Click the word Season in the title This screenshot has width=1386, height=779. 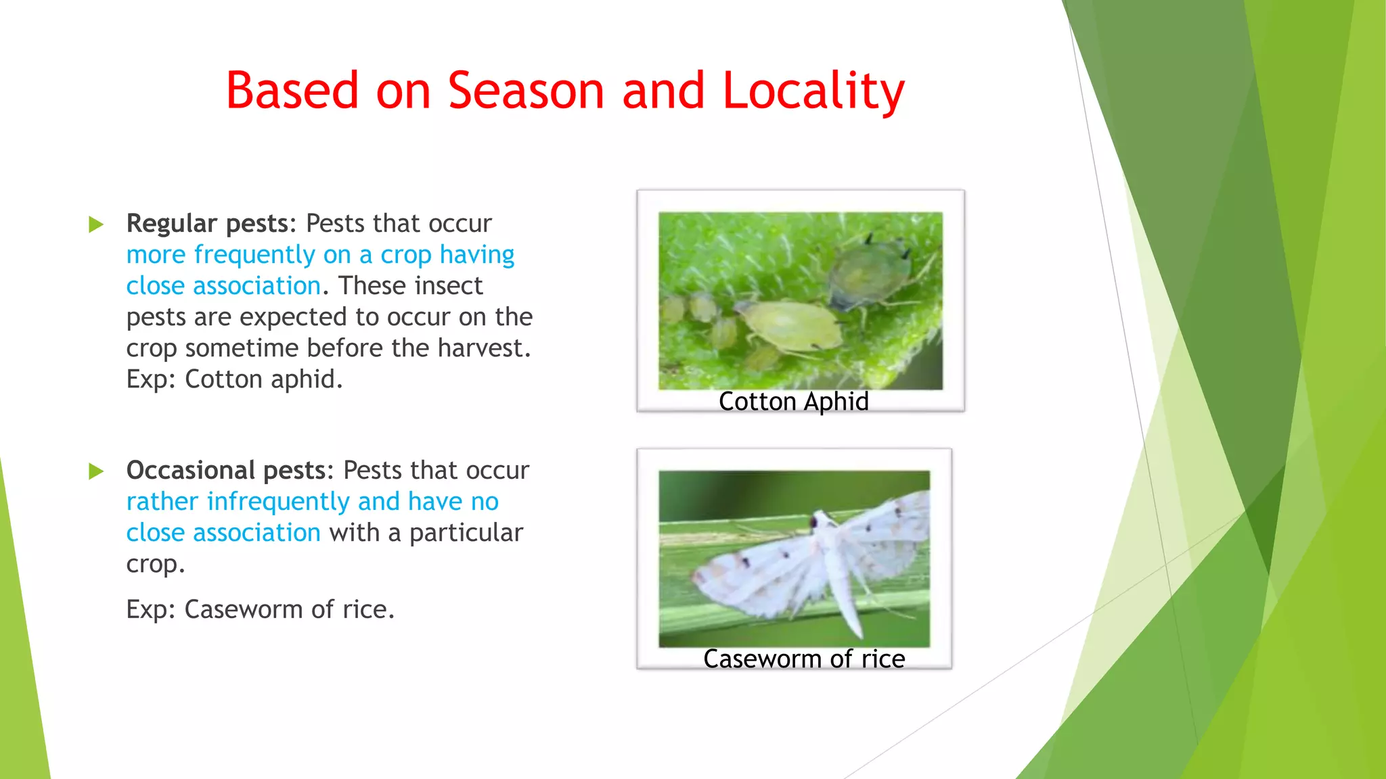tap(526, 91)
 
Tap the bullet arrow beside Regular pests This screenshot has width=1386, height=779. tap(96, 225)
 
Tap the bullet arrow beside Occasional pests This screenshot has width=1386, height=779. tap(96, 471)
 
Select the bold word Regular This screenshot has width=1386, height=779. tap(172, 224)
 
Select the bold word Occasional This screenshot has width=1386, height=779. tap(191, 471)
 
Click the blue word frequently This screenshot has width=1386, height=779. tap(254, 256)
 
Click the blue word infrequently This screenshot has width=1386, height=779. tap(278, 502)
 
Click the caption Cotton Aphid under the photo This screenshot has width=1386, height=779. tap(793, 402)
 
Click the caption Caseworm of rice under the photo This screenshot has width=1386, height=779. tap(804, 659)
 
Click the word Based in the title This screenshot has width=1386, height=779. tap(292, 91)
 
